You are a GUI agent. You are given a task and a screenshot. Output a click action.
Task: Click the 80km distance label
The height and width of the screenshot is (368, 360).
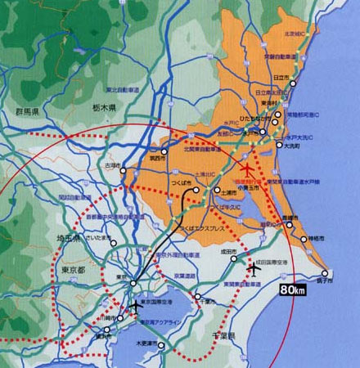click(292, 289)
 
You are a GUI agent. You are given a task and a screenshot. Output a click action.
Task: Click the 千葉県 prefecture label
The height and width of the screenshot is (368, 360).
click(219, 336)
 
